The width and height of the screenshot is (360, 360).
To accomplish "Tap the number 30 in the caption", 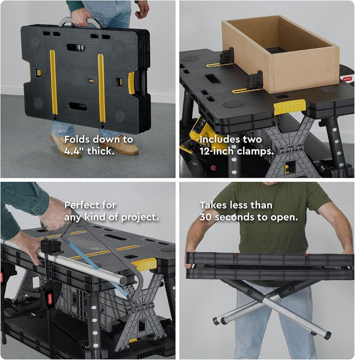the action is coord(206,217).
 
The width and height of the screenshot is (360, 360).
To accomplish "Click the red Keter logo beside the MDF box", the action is coord(347,79).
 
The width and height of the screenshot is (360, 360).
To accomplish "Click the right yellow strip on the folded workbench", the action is coord(101,88).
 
